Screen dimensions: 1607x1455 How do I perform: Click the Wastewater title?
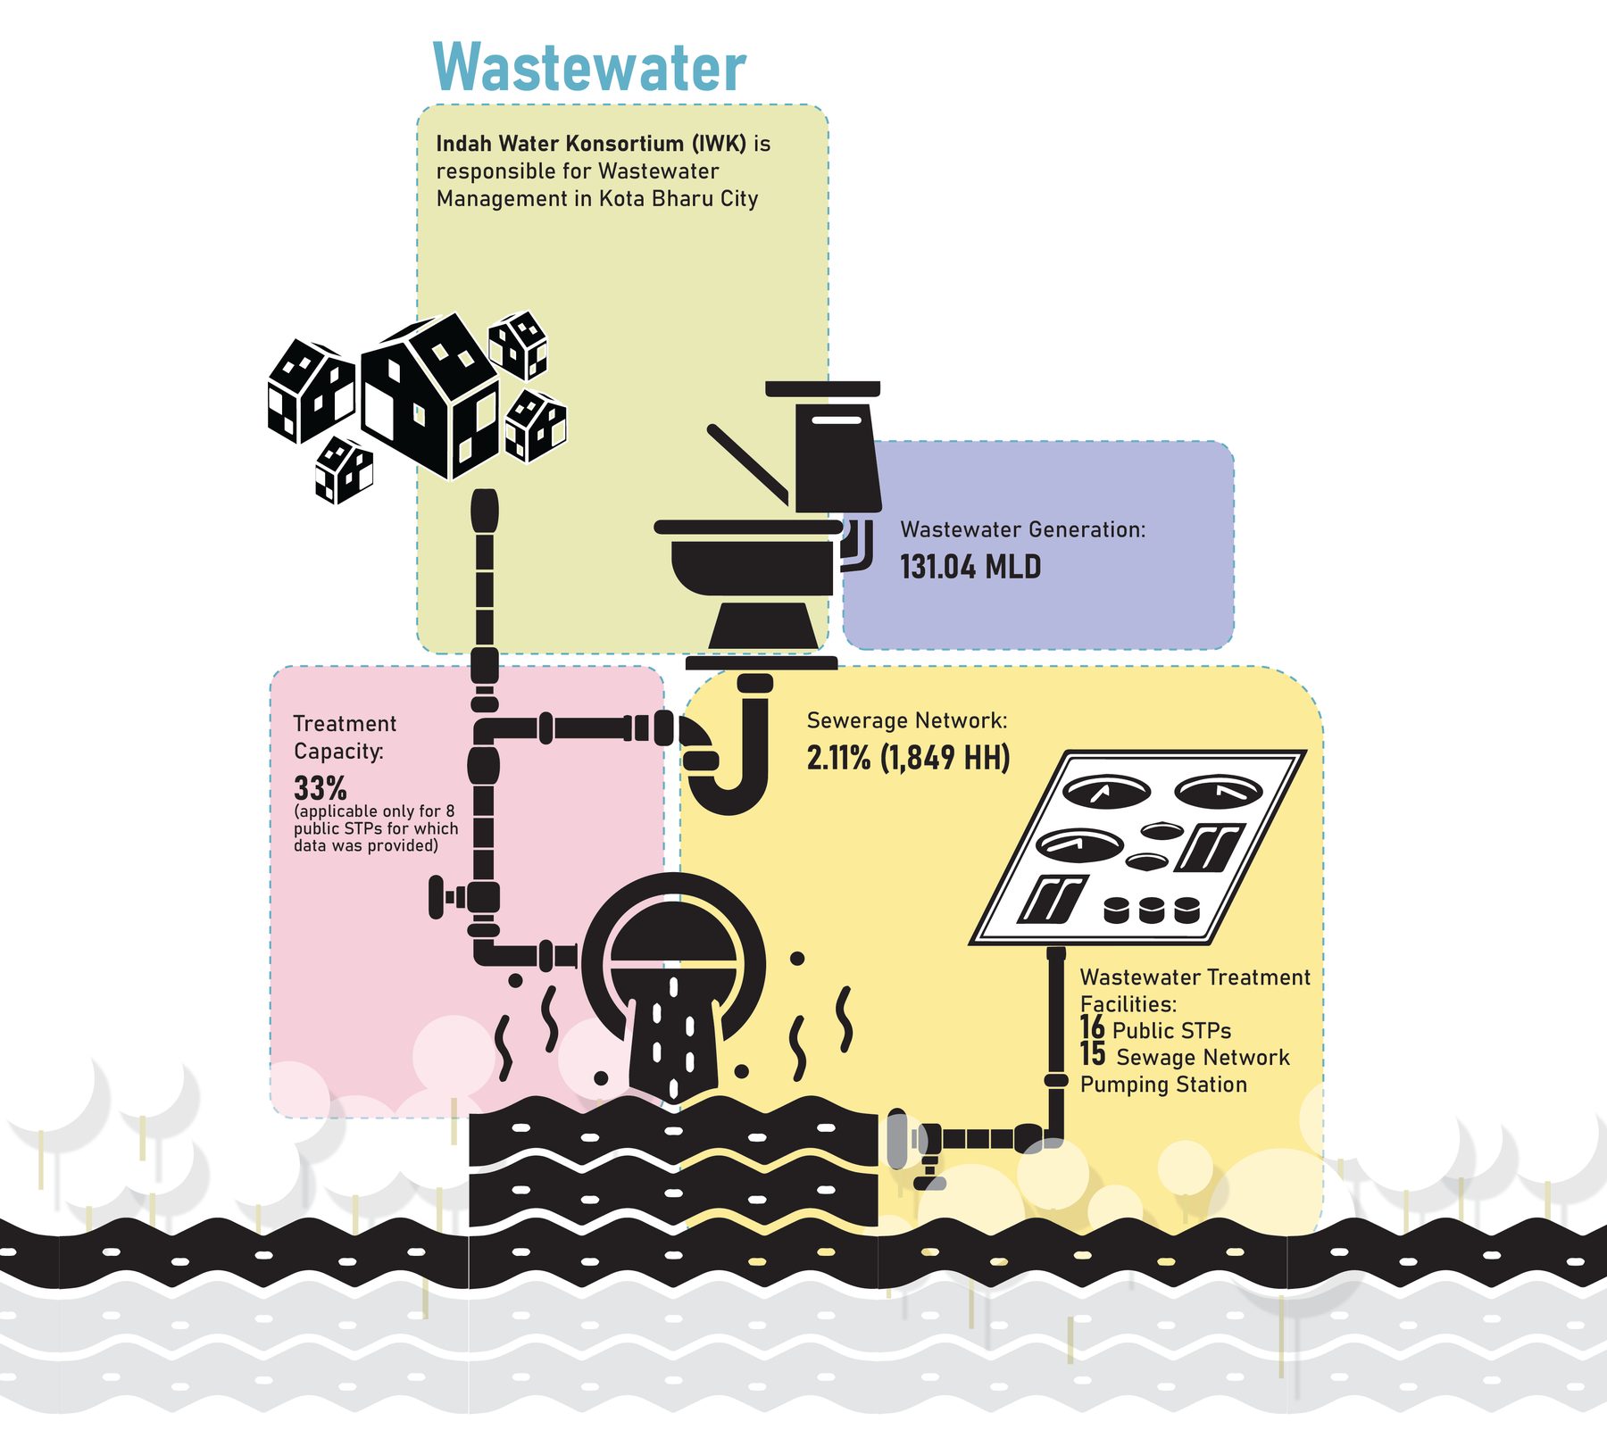click(x=589, y=67)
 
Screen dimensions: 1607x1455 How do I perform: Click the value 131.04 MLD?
click(x=970, y=567)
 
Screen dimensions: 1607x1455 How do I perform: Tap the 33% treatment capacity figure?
click(x=321, y=788)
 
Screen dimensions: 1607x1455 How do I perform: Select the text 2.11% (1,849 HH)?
click(x=909, y=758)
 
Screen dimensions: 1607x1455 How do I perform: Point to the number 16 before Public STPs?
click(x=1092, y=1027)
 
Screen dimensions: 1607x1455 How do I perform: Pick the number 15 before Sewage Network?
click(x=1093, y=1054)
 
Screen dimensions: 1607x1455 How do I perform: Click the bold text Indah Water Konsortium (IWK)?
click(x=591, y=144)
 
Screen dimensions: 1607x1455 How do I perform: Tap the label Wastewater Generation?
click(x=1023, y=529)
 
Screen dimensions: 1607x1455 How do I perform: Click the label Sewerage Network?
click(x=907, y=720)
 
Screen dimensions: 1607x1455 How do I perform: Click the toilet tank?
click(x=837, y=454)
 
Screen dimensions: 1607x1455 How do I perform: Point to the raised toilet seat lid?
click(x=748, y=463)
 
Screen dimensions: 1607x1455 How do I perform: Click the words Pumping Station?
click(x=1163, y=1085)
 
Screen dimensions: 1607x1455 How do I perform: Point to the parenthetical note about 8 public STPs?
click(x=376, y=828)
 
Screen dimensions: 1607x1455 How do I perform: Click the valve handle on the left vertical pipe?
click(x=437, y=897)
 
